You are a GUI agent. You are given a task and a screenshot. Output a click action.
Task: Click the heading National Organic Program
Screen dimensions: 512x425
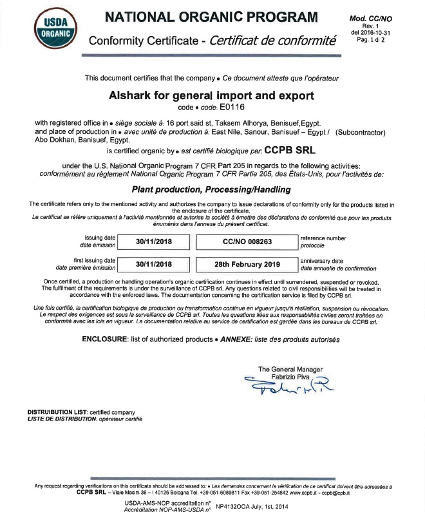coord(211,17)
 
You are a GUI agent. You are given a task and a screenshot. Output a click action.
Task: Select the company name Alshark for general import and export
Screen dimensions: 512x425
coord(212,96)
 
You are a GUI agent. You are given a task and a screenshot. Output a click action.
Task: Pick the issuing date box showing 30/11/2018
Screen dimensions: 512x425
coord(155,242)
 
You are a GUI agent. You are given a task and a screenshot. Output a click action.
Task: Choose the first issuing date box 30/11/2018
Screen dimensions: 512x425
coord(155,264)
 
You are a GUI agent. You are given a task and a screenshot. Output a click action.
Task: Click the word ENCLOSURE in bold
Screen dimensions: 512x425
coord(105,339)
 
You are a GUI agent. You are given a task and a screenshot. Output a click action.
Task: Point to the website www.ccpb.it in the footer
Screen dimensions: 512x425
coord(307,493)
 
